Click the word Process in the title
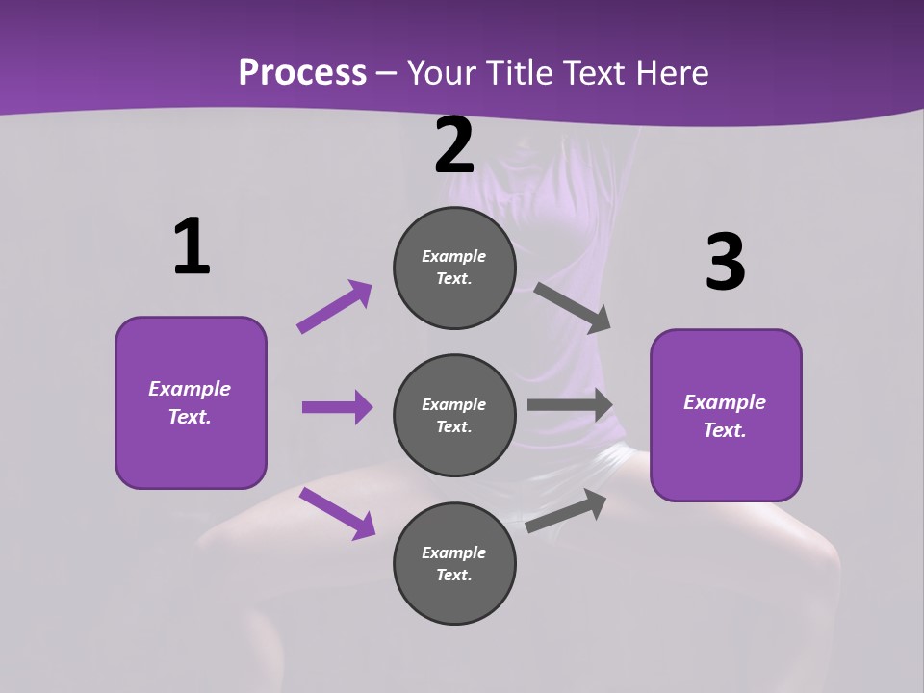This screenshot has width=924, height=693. click(x=302, y=72)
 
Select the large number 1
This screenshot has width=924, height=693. click(x=192, y=247)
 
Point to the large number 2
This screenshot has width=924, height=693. click(x=454, y=145)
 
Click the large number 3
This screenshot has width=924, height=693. click(x=726, y=263)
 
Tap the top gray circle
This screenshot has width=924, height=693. click(x=454, y=268)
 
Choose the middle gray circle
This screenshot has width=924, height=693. click(x=454, y=416)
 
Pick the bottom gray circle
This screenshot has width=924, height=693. click(x=454, y=564)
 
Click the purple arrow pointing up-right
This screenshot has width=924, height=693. click(x=335, y=307)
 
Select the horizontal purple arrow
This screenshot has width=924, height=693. click(x=337, y=407)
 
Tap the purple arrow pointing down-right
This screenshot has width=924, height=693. click(x=337, y=513)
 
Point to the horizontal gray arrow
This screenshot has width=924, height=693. click(x=570, y=405)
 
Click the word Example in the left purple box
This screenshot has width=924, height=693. click(x=190, y=389)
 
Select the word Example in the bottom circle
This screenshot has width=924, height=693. click(x=454, y=552)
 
